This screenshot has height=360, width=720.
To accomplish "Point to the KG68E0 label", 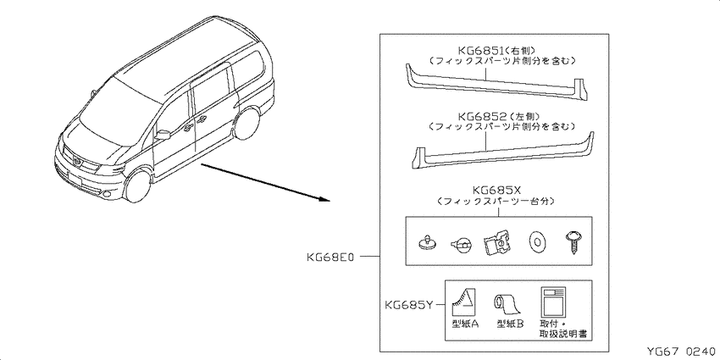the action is point(330,257).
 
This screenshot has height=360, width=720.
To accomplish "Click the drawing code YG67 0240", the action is point(681,352).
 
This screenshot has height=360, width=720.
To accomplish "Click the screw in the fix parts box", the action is point(572,242).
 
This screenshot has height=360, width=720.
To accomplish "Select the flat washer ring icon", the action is point(535,242).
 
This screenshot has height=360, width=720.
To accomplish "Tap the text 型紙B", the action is point(510,324).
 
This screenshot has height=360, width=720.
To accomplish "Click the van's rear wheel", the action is point(247,122).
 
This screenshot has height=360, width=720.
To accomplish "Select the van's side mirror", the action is point(163,135).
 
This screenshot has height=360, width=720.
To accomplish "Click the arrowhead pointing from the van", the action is point(324,199).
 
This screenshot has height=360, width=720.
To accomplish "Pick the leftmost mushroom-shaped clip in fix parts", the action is point(429,243).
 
